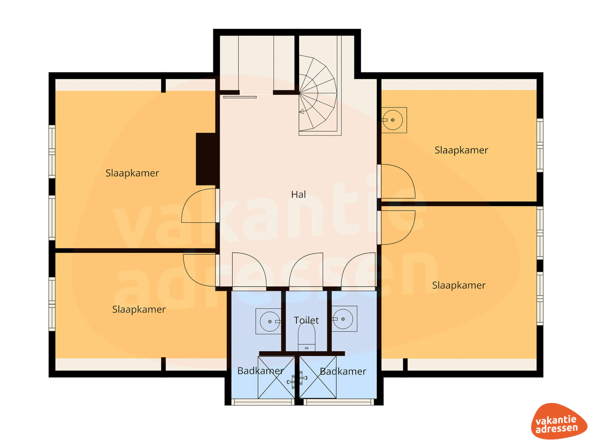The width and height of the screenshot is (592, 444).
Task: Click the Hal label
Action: click(298, 195)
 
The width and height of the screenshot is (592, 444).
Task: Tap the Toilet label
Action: click(306, 320)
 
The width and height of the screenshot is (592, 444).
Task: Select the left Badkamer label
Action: click(261, 371)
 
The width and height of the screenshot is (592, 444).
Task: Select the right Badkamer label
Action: click(343, 371)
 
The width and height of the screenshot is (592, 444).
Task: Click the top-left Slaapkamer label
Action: click(132, 173)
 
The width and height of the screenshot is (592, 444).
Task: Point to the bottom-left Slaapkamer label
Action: click(139, 309)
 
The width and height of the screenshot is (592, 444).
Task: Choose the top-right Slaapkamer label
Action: click(461, 150)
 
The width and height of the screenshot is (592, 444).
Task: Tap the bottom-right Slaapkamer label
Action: click(459, 285)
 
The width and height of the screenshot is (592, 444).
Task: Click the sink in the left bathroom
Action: click(269, 321)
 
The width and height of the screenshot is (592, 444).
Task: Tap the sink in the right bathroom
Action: click(344, 319)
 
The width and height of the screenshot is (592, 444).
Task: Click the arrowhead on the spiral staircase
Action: click(302, 111)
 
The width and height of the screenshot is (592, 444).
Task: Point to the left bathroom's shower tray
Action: click(276, 377)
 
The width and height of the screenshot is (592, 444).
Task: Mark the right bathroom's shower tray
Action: click(318, 377)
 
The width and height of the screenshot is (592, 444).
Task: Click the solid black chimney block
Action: click(206, 159)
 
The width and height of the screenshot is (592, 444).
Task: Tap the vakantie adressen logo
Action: click(559, 421)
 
